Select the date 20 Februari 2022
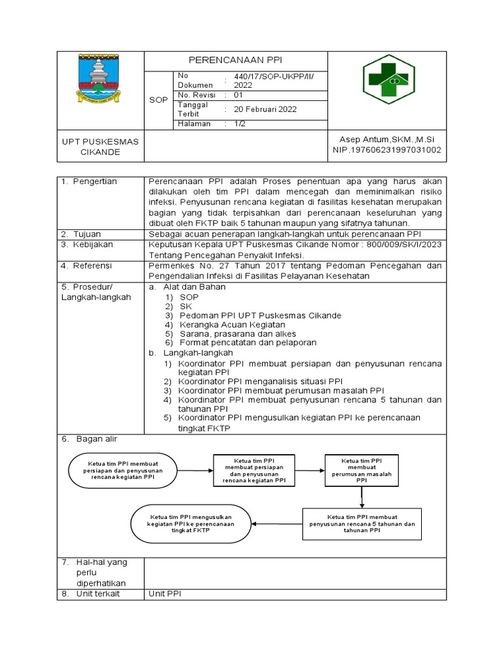[261, 109]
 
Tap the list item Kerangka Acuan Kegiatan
[232, 324]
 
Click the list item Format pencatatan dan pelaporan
[248, 342]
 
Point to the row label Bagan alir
[94, 439]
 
